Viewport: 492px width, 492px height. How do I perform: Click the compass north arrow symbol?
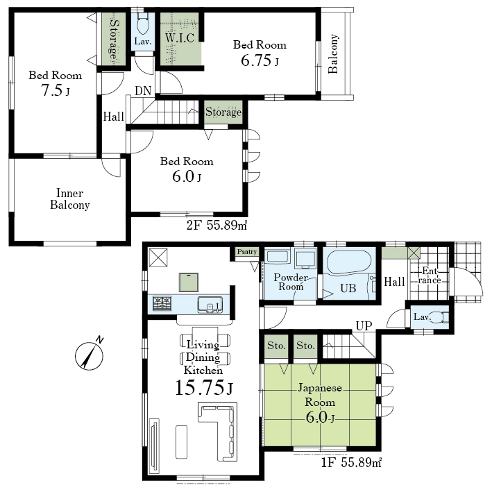point(90,355)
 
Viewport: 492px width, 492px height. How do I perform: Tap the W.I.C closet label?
point(180,38)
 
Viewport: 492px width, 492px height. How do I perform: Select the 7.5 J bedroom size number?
point(56,90)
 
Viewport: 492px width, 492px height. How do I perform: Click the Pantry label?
point(247,252)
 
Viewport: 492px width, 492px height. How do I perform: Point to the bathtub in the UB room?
point(349,262)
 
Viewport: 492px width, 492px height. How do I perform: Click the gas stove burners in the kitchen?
point(162,303)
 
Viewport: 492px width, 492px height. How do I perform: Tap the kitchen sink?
point(210,305)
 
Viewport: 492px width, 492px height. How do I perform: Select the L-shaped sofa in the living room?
point(217,432)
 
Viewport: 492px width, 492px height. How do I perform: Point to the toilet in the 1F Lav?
point(439,317)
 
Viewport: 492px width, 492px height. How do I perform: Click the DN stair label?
point(143,91)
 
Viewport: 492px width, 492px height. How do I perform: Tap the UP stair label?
point(364,326)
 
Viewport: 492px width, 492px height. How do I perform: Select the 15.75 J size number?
point(203,387)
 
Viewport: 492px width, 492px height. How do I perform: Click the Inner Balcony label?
point(70,199)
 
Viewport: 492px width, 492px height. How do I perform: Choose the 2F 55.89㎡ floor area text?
point(217,225)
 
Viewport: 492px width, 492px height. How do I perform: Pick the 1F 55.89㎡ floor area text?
point(351,462)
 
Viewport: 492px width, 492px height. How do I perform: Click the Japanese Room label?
point(320,395)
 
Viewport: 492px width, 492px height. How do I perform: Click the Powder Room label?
point(291,282)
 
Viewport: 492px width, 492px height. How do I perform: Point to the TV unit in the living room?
point(154,443)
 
